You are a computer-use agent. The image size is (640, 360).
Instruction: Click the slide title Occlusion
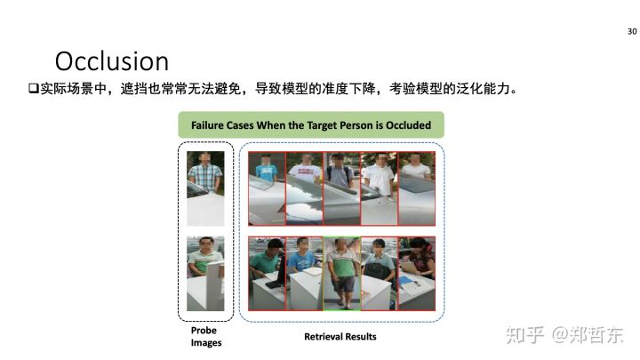112,61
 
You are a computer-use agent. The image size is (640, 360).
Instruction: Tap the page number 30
632,31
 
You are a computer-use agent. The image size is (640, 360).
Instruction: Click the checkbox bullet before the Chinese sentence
33,88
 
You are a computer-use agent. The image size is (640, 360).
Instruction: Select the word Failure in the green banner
207,125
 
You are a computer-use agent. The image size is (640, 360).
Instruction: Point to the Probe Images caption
205,336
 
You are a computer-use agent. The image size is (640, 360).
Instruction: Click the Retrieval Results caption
340,337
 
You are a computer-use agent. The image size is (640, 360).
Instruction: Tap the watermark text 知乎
525,335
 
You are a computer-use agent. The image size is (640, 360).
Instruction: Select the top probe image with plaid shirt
205,188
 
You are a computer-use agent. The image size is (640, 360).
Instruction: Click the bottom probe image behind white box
205,274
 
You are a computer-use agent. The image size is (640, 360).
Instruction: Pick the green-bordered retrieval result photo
341,274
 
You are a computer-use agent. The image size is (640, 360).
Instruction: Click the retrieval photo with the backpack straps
341,188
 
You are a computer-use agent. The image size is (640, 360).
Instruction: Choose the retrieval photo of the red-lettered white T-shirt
305,188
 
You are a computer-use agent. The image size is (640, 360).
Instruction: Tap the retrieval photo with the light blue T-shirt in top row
267,188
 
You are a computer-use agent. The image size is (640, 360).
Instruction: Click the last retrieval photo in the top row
417,188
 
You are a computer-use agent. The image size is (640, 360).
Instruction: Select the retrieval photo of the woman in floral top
417,274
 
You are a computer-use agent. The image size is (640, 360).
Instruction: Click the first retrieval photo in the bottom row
267,274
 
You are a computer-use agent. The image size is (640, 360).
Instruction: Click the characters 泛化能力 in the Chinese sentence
483,88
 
